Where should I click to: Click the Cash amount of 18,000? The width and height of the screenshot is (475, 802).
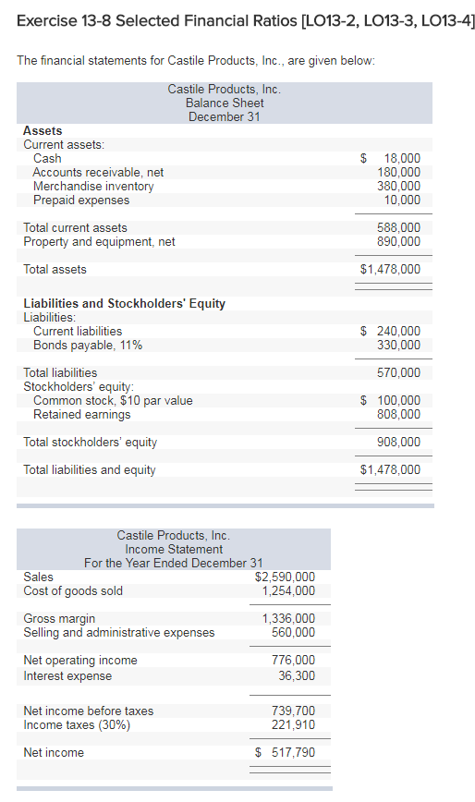[x=402, y=159]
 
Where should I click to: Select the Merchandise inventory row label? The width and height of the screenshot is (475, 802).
[x=93, y=187]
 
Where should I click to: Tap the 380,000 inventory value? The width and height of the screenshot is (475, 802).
[x=399, y=187]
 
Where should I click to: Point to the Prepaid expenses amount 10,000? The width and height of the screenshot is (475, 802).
[x=402, y=200]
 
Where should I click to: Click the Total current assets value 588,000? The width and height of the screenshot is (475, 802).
[x=399, y=227]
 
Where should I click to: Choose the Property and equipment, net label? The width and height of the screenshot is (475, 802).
[x=99, y=241]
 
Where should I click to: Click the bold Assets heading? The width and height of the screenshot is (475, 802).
[x=43, y=131]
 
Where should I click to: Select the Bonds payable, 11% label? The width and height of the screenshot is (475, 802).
[x=88, y=346]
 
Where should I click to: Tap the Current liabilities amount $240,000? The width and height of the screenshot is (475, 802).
[x=391, y=332]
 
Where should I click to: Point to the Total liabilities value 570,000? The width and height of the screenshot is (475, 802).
[x=399, y=373]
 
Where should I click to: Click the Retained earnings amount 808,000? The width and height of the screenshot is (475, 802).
[x=399, y=414]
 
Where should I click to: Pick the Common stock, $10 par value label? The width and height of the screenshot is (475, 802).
[x=113, y=400]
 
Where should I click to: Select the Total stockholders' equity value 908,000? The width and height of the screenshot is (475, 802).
[x=399, y=442]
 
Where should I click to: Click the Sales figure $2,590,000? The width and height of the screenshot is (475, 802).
[x=285, y=577]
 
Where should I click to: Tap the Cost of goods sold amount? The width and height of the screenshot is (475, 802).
[x=289, y=590]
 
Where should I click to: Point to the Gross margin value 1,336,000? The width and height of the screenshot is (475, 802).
[x=289, y=619]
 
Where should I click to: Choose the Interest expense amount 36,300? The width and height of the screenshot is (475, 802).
[x=297, y=676]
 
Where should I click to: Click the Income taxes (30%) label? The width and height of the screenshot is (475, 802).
[x=77, y=725]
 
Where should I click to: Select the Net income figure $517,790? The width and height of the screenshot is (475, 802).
[x=285, y=752]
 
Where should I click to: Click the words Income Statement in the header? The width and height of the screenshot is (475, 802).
[x=174, y=550]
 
